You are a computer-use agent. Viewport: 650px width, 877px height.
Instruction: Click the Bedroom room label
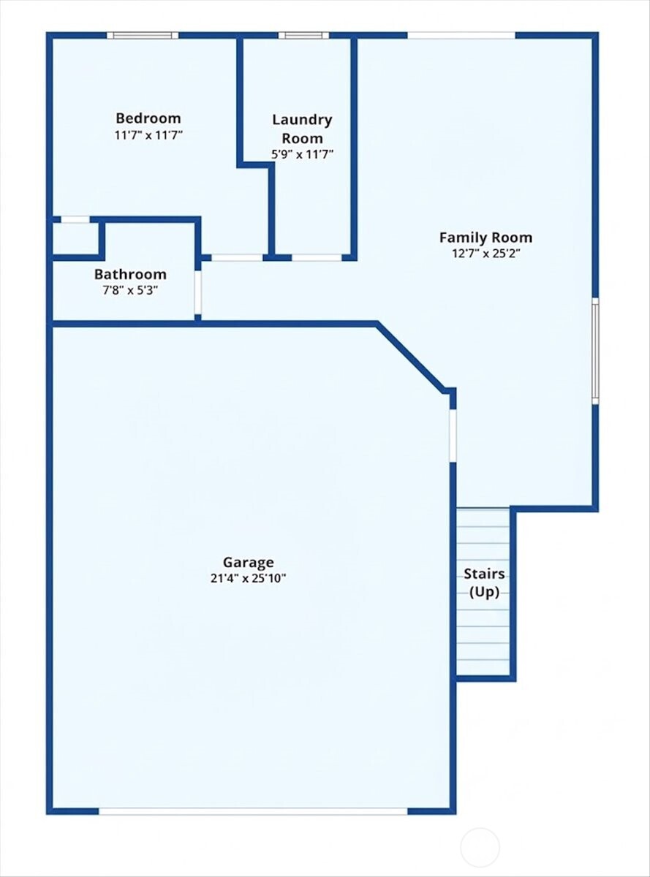pos(148,118)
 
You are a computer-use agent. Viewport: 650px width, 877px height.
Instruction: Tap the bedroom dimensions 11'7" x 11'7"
pos(148,135)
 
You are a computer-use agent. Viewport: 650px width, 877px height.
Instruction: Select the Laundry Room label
pos(302,129)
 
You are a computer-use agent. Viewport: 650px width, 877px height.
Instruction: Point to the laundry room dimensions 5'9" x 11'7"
pos(302,154)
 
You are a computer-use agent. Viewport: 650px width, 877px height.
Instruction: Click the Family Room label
pos(485,238)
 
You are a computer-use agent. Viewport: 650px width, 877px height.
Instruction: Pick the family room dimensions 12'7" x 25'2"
pos(485,254)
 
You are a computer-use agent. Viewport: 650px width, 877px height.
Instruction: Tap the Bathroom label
pos(130,275)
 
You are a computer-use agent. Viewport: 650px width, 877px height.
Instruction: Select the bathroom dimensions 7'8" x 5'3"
pos(130,290)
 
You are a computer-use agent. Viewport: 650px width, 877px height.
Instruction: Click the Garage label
pos(249,562)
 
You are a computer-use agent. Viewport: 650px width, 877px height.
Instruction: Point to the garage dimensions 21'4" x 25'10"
pos(249,578)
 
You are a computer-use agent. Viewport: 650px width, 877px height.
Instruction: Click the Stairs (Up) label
pos(484,583)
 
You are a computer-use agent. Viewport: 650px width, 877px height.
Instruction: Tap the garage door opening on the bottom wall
pos(253,810)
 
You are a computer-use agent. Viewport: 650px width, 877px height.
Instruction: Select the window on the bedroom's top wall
pos(143,35)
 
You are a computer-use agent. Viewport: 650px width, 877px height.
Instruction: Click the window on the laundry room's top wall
pos(303,35)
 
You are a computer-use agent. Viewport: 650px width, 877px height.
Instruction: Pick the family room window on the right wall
pos(595,351)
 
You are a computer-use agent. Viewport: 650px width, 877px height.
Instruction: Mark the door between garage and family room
pos(453,436)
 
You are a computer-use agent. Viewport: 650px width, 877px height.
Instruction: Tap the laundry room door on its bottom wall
pos(317,257)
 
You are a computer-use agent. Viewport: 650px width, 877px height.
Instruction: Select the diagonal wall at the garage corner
pos(412,357)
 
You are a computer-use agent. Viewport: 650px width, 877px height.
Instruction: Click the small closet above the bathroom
pos(75,238)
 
